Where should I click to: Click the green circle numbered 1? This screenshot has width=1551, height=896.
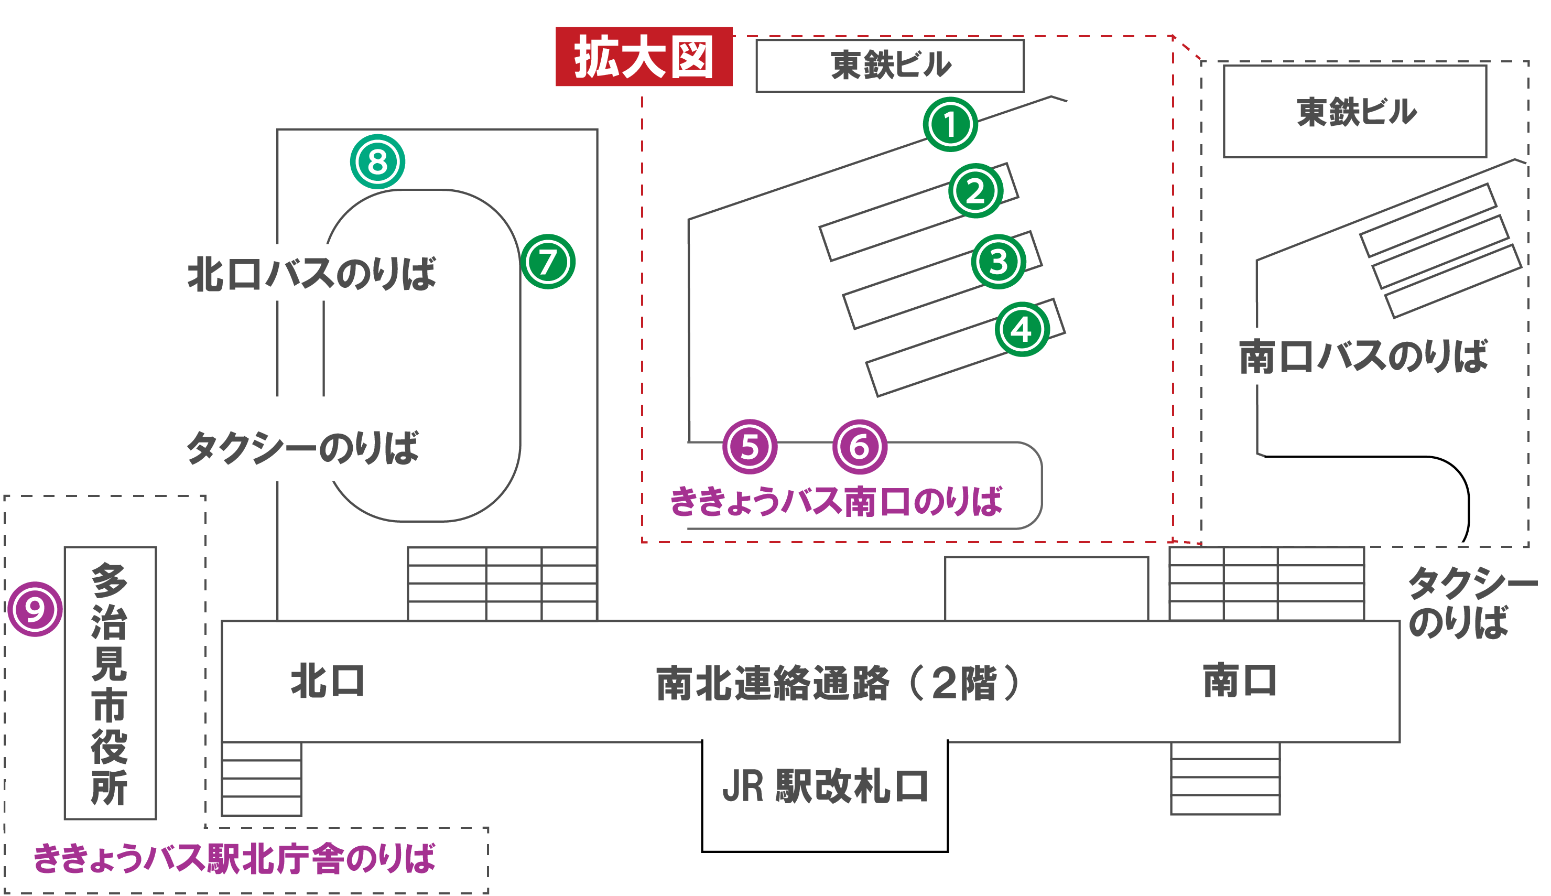coord(949,124)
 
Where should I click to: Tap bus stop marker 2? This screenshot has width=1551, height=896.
coord(975,191)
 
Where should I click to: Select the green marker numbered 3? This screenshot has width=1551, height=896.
coord(998,262)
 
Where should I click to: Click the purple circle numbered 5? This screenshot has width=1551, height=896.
coord(750,447)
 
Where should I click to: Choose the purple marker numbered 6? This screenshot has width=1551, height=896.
coord(860,447)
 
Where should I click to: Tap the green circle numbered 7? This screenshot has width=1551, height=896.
coord(548,262)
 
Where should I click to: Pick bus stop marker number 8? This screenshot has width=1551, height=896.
coord(377,162)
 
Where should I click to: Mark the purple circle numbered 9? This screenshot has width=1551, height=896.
coord(35,609)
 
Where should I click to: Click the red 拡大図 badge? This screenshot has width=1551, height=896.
coord(644,57)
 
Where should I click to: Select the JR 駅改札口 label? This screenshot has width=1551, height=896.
coord(825,786)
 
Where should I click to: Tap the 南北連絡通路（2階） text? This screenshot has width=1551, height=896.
coord(837,683)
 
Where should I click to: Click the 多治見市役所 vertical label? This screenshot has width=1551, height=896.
coord(110,683)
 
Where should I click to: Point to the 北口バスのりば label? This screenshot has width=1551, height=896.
coord(311,274)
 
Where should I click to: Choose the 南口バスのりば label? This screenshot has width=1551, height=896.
coord(1363,357)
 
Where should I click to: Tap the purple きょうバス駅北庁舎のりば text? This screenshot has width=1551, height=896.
coord(234,858)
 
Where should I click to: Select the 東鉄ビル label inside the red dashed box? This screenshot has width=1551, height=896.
coord(890,65)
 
